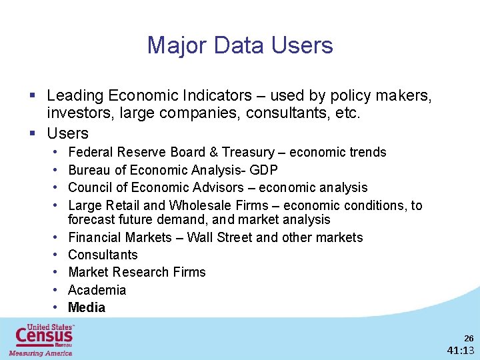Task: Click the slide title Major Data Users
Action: click(x=240, y=45)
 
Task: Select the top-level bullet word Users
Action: click(x=67, y=133)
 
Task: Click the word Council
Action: click(x=90, y=187)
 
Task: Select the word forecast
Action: click(x=93, y=219)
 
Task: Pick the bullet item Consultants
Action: click(x=103, y=255)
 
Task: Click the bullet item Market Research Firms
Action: click(x=137, y=272)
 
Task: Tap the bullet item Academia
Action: click(x=97, y=290)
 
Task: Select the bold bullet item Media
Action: click(x=87, y=307)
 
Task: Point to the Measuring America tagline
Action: click(x=40, y=353)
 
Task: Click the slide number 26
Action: click(x=468, y=339)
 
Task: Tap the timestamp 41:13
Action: click(x=461, y=351)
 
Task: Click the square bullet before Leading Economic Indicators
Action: click(x=32, y=97)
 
